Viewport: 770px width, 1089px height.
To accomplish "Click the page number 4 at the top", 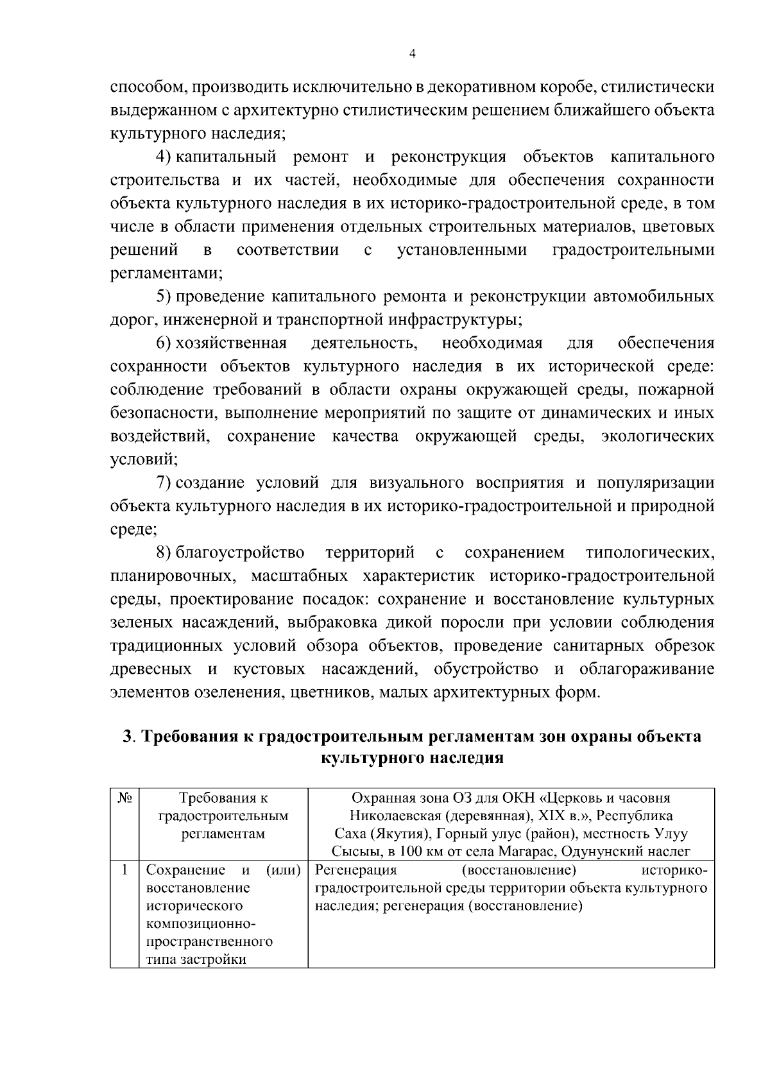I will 413,55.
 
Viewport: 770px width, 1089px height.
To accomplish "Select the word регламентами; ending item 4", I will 166,273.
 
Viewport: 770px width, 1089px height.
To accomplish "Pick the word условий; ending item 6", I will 144,459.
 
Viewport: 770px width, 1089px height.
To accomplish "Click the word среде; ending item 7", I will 133,529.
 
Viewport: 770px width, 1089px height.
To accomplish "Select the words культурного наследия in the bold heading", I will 411,758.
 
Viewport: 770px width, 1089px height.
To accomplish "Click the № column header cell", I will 124,798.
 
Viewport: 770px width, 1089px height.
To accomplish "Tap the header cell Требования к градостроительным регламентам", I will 223,816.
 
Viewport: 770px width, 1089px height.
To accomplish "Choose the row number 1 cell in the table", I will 124,871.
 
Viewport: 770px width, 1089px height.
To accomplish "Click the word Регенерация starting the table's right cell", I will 356,871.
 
